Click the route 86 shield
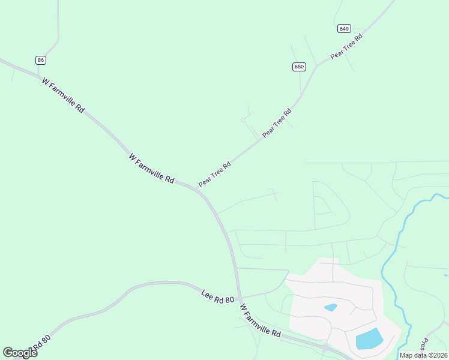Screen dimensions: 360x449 (41, 60)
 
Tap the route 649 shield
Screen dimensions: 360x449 (344, 29)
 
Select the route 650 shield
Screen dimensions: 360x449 (299, 67)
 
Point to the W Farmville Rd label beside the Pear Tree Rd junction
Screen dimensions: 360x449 (151, 168)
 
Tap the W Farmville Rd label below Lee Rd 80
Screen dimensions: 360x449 (260, 320)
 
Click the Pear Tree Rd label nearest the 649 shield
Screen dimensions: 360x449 (347, 47)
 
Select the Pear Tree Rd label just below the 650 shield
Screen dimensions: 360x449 (277, 123)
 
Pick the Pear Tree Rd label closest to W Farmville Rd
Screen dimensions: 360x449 (214, 174)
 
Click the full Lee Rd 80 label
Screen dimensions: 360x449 (217, 295)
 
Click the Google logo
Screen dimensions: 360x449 (20, 352)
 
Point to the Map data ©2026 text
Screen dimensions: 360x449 (423, 355)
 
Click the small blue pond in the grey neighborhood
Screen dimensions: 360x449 (330, 308)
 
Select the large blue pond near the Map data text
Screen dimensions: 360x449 (369, 339)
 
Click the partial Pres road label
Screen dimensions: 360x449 (424, 344)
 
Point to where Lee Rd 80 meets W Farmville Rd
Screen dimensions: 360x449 (239, 298)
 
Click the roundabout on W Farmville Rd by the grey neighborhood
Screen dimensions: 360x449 (325, 347)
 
